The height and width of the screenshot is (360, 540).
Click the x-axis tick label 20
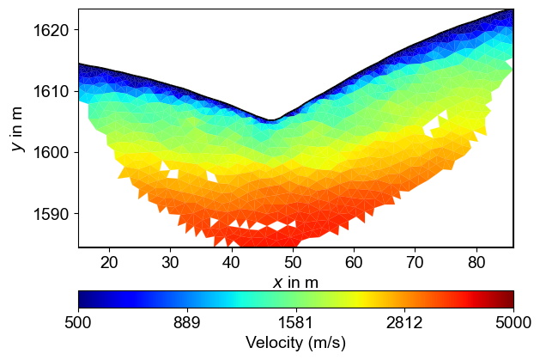109,261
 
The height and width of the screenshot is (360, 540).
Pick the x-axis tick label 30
170,261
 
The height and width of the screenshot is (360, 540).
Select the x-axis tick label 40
231,261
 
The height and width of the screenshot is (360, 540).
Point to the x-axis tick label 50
293,261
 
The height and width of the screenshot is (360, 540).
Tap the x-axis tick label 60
354,261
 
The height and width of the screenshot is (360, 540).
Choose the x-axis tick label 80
476,261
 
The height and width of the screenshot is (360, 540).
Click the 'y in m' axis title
17,128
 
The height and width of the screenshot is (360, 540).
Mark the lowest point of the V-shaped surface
270,120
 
